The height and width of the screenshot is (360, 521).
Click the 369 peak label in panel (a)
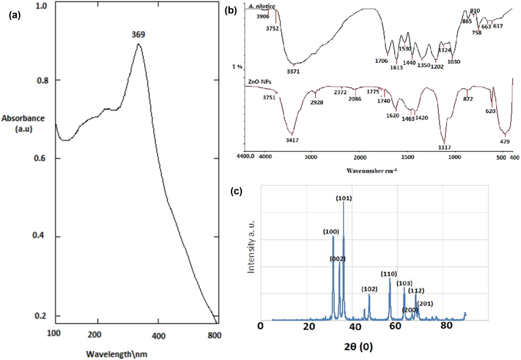tap(138, 34)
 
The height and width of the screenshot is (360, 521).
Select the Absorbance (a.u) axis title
tap(23, 123)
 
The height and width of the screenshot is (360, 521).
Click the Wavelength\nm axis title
tap(117, 354)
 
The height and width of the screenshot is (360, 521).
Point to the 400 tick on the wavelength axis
tap(158, 336)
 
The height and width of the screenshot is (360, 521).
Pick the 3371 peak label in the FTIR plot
tap(293, 71)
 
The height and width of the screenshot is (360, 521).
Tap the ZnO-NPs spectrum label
tap(259, 81)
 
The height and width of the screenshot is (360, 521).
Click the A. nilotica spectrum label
tap(262, 6)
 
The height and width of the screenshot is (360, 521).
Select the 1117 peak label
tap(444, 147)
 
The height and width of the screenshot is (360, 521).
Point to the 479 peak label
tap(505, 141)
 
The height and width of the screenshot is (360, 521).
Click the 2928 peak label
tap(317, 102)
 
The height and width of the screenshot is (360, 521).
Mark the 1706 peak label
tap(381, 61)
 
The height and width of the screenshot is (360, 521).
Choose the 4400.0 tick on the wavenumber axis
tap(245, 157)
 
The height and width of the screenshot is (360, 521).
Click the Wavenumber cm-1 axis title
tap(371, 171)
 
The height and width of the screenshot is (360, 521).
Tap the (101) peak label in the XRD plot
tap(344, 198)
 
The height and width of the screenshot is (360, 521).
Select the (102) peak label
tap(369, 289)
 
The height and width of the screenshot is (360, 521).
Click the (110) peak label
tap(389, 274)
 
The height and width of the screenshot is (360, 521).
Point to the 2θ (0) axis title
tap(358, 347)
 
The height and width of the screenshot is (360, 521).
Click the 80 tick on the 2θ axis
tap(446, 325)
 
